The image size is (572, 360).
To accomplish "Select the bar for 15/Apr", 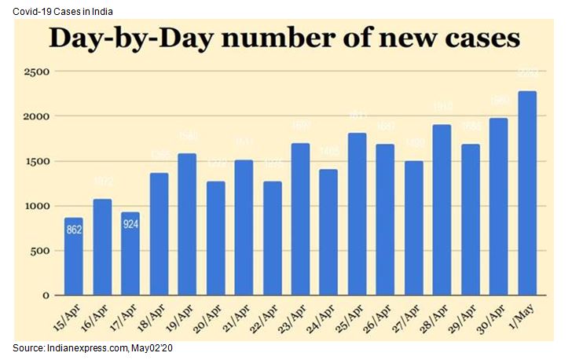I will point(73,256).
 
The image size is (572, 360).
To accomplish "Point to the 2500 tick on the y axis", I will point(37,72).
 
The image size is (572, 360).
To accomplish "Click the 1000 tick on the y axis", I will point(37,206).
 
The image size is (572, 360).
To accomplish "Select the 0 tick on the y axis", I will point(46,296).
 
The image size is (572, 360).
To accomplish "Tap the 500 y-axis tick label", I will point(40,251).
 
